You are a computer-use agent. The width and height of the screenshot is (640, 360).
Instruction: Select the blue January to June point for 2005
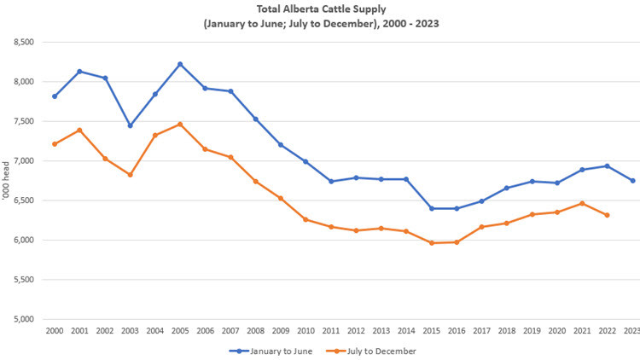click(x=179, y=64)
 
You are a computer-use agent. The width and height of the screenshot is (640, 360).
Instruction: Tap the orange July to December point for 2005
click(x=179, y=124)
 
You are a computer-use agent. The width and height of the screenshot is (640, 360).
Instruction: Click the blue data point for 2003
click(x=130, y=125)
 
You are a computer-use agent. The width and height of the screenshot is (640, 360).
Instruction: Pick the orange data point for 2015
click(x=431, y=243)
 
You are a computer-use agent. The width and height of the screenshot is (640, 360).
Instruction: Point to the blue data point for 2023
click(x=631, y=181)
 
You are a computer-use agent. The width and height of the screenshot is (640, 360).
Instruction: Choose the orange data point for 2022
click(x=607, y=215)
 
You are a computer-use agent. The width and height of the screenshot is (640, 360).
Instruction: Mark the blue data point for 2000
click(x=55, y=96)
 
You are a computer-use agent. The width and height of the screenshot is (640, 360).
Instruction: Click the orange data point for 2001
click(x=79, y=130)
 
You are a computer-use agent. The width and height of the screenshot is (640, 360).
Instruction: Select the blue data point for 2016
click(x=456, y=208)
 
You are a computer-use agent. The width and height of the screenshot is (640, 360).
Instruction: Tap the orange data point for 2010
click(x=305, y=219)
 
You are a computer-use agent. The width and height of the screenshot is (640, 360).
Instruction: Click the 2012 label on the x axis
click(x=356, y=330)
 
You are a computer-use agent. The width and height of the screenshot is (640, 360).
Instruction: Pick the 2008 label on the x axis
click(x=255, y=330)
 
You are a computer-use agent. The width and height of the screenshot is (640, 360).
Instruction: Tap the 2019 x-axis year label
click(x=531, y=330)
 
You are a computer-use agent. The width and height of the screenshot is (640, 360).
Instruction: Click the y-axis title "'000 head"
click(x=8, y=181)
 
